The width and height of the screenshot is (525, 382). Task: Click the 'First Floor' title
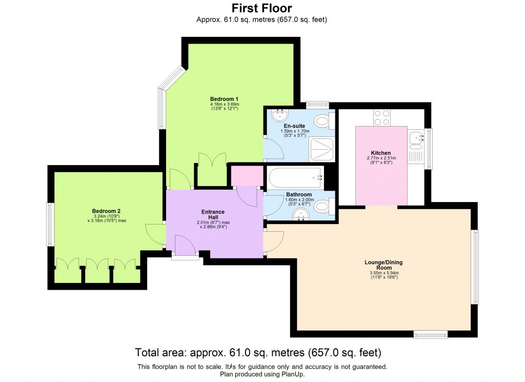(261, 8)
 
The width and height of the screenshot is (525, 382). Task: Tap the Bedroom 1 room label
(224, 99)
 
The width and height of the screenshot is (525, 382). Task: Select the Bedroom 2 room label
(106, 211)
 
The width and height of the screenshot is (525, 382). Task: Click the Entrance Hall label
(213, 214)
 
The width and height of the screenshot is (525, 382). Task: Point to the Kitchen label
(381, 153)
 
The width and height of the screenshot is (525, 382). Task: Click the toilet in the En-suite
(322, 121)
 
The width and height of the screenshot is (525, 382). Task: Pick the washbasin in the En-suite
(279, 113)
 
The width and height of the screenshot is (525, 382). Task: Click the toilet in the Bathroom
(322, 207)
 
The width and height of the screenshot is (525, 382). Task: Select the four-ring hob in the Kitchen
(381, 117)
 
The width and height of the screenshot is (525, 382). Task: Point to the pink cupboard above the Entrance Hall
(246, 176)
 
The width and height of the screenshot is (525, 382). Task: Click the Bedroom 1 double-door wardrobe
(212, 169)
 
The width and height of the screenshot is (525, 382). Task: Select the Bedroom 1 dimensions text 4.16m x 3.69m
(224, 104)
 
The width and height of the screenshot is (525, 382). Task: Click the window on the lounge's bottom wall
(430, 335)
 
